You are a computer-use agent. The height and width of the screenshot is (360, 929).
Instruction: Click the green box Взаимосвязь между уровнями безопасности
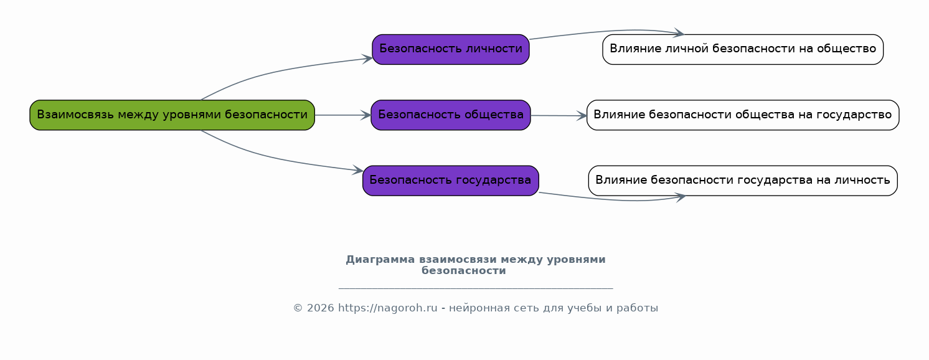click(x=172, y=115)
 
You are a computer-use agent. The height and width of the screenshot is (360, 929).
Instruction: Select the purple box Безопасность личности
click(x=451, y=49)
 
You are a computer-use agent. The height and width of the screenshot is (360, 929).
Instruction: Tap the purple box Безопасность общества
click(x=451, y=115)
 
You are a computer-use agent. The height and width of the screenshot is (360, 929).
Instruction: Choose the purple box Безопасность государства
click(x=451, y=181)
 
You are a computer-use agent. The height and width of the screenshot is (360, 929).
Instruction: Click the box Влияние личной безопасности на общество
click(x=743, y=49)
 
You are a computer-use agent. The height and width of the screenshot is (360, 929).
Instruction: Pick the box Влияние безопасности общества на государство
click(x=743, y=115)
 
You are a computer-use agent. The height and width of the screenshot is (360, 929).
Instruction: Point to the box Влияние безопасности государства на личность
click(x=743, y=181)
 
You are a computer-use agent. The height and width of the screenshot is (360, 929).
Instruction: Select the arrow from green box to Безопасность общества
click(x=343, y=115)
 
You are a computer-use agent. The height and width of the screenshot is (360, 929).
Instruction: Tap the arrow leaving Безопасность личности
click(x=605, y=31)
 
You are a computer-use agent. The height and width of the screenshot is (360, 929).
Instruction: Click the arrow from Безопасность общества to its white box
click(x=559, y=116)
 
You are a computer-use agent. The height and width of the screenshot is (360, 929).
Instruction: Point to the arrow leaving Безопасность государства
click(x=611, y=199)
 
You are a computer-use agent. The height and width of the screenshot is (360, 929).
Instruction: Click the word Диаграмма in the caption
click(x=380, y=260)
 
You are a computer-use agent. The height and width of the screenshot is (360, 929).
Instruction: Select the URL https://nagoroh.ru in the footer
click(x=388, y=308)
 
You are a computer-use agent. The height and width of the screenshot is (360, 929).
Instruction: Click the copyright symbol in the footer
click(x=298, y=308)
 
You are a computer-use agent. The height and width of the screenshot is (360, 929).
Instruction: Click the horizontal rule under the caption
click(x=476, y=288)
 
